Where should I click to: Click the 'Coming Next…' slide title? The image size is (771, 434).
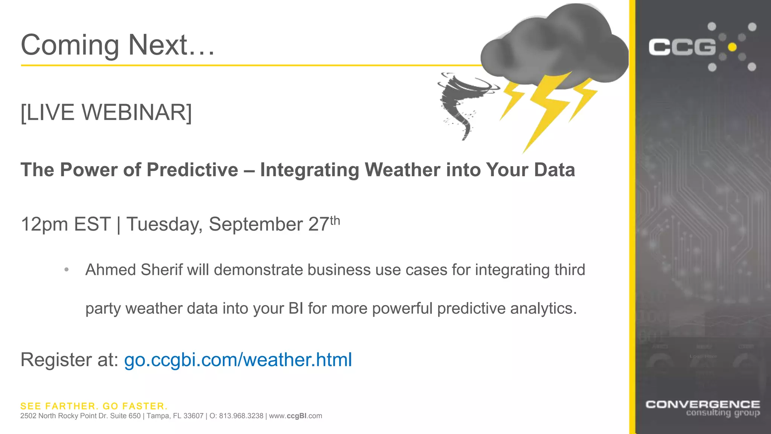[117, 45]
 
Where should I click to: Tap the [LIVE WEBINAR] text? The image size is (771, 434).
[106, 112]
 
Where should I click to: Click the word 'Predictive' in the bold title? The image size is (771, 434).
[192, 170]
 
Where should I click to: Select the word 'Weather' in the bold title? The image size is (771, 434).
[402, 170]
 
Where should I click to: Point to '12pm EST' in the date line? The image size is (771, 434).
[66, 225]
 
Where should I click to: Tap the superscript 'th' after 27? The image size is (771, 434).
[335, 221]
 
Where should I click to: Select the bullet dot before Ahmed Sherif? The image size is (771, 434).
[67, 270]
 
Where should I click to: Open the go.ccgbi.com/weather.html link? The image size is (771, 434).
[238, 360]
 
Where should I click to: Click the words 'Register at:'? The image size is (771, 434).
[70, 360]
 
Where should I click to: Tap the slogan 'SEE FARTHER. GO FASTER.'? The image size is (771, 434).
[94, 406]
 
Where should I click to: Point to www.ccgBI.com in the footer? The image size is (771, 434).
[296, 416]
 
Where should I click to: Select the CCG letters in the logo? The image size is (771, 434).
[682, 47]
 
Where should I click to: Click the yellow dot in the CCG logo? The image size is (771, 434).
[732, 47]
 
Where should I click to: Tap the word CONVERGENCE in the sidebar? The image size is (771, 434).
[702, 405]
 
